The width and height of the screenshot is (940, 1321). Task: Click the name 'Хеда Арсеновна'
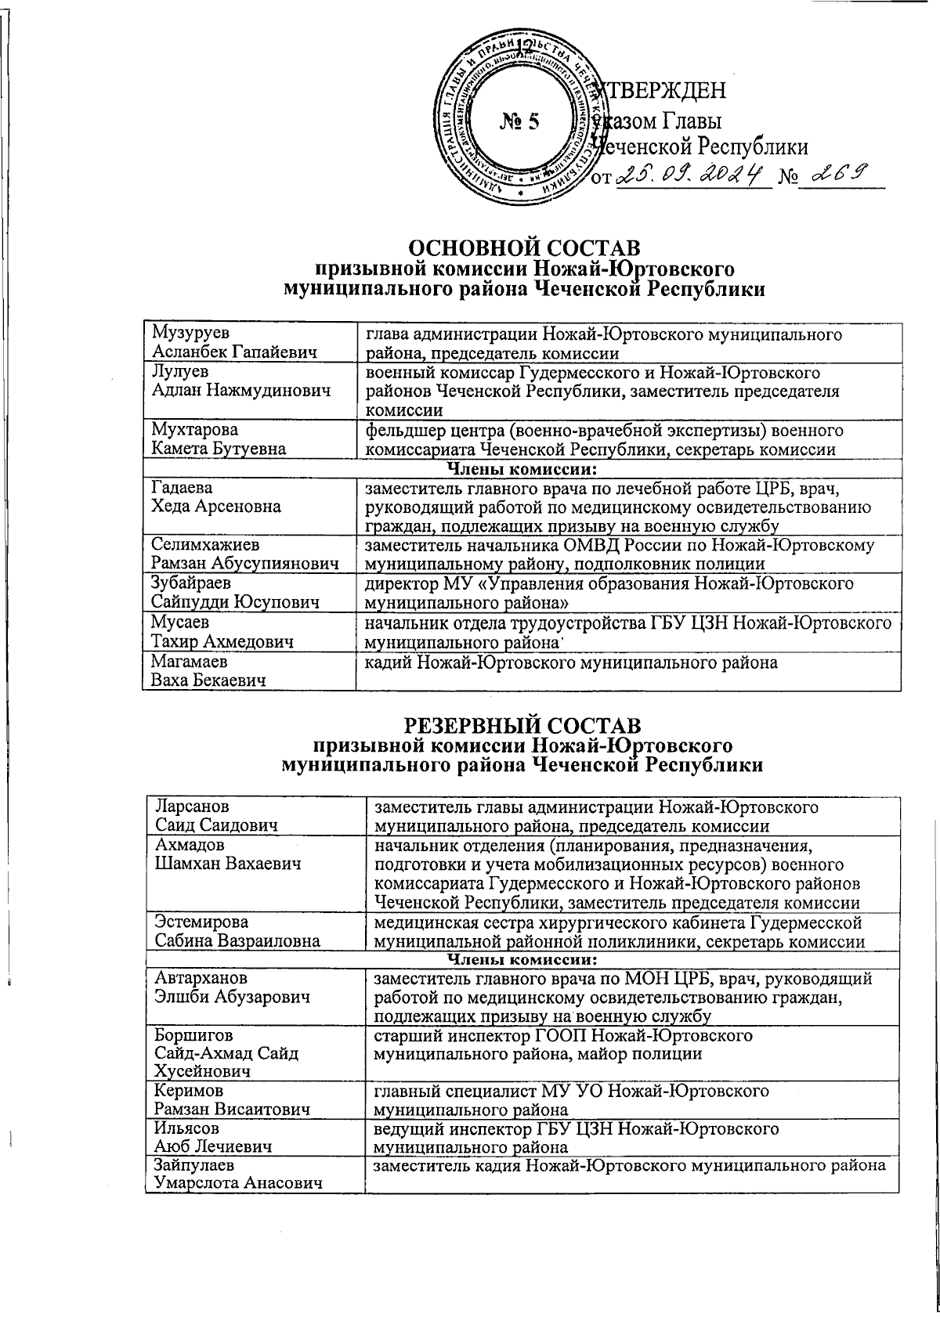[x=216, y=506]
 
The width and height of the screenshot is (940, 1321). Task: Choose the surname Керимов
[x=188, y=1090]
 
